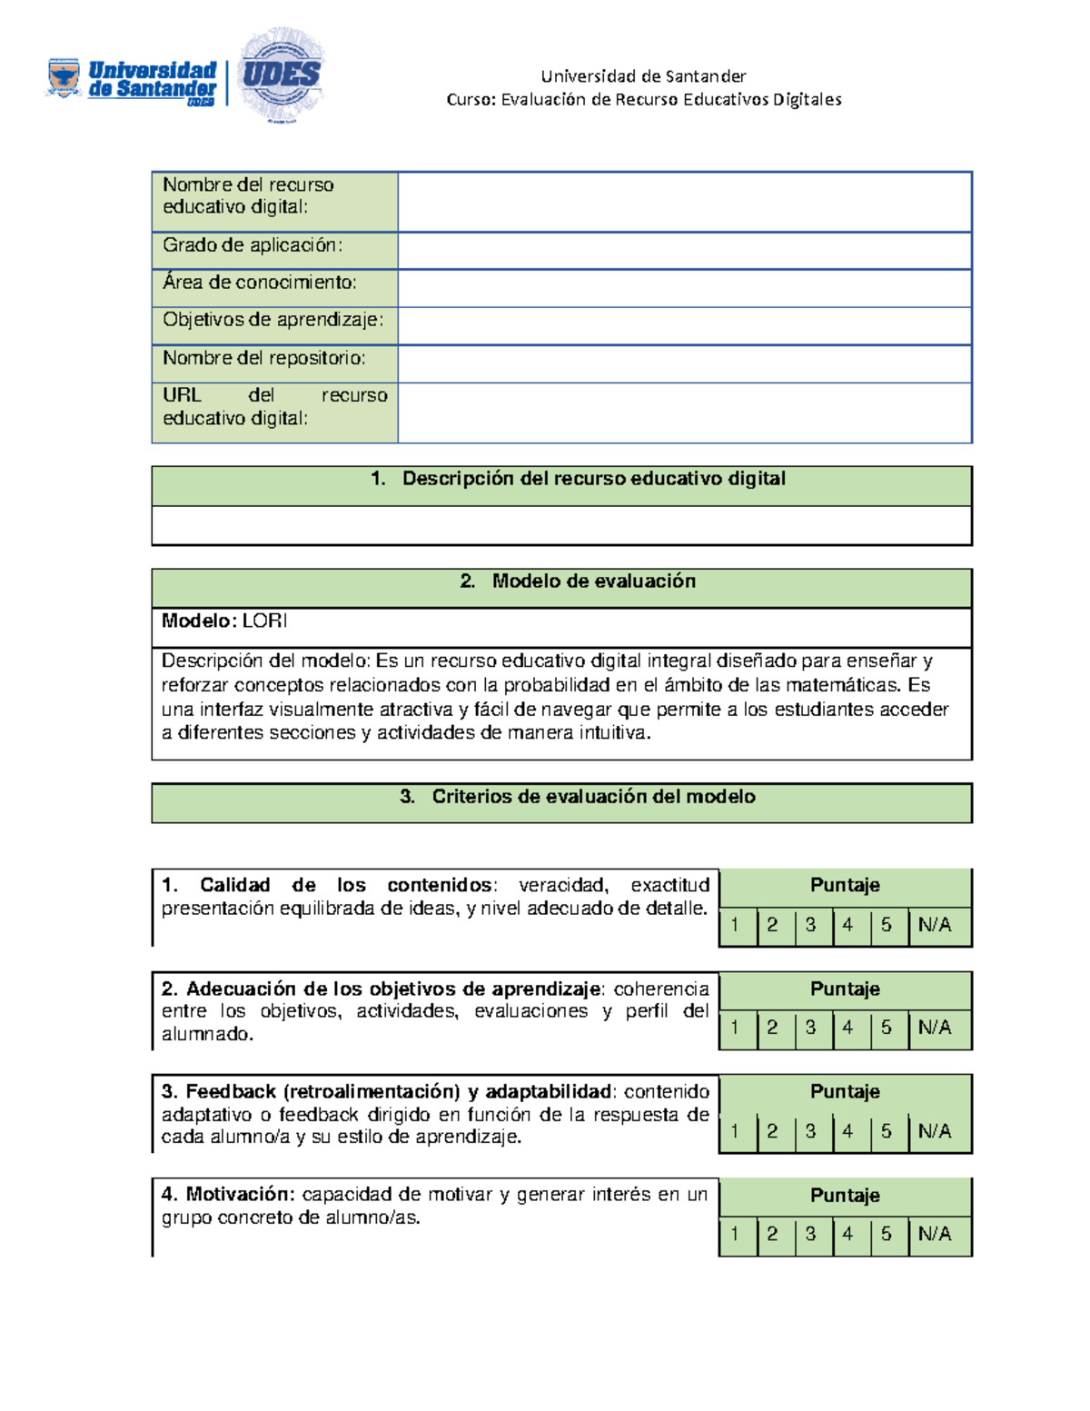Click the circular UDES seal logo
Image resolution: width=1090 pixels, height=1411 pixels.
[281, 75]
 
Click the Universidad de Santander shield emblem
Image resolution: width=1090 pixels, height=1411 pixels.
[64, 77]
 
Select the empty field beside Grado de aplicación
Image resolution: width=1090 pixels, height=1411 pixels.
[684, 250]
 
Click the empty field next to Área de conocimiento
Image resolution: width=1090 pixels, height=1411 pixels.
[684, 288]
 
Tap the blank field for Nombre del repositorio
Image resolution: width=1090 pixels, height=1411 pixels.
[684, 363]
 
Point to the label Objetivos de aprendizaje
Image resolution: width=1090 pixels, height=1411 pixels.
[272, 320]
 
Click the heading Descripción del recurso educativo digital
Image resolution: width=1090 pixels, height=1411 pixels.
[593, 479]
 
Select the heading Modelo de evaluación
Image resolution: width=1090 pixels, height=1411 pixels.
[593, 581]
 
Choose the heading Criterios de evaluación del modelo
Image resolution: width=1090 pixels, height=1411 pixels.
[593, 797]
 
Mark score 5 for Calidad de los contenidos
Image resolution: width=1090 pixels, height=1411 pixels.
[887, 926]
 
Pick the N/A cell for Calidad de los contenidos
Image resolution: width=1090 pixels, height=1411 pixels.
[935, 926]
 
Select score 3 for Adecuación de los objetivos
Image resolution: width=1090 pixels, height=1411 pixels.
[810, 1028]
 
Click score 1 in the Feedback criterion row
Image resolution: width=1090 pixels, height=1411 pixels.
[735, 1132]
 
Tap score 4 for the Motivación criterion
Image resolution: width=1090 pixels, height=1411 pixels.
[847, 1235]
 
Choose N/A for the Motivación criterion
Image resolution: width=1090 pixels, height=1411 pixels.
[935, 1235]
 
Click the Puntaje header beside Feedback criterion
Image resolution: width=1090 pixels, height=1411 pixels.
[845, 1092]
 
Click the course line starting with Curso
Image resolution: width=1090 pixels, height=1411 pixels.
[643, 100]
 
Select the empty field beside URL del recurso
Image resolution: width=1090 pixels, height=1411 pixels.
[684, 412]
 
